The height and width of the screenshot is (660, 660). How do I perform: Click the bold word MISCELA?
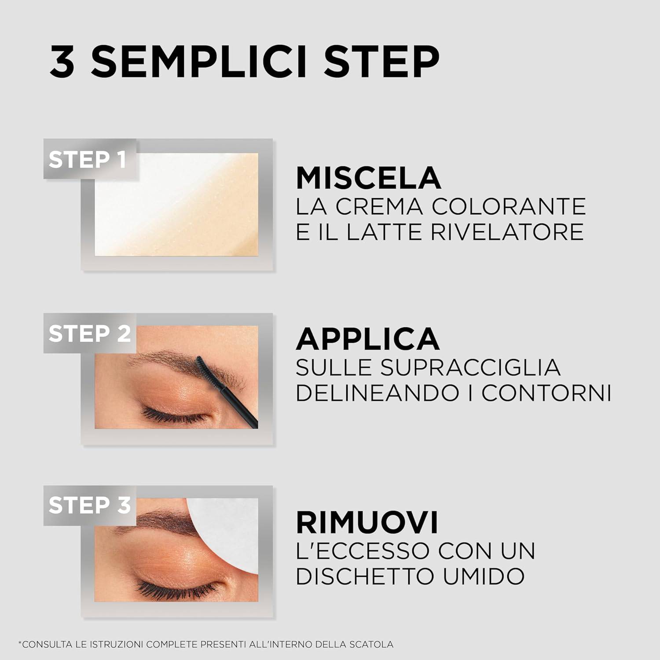(x=368, y=178)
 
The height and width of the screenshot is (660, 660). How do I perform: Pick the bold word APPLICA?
(x=367, y=339)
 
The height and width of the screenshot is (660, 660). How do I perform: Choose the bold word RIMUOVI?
(x=367, y=522)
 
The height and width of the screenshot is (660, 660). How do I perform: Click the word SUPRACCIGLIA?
(x=470, y=367)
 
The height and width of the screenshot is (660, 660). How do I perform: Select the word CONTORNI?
(x=546, y=393)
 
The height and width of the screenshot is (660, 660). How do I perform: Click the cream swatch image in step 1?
(x=176, y=204)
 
